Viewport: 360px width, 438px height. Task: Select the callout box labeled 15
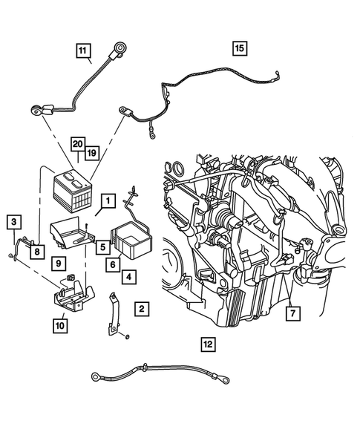tap(239, 48)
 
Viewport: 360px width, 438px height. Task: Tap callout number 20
tap(77, 143)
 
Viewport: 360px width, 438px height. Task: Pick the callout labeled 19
tap(92, 152)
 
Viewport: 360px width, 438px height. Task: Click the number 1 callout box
tap(108, 200)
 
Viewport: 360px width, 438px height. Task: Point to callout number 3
tap(13, 221)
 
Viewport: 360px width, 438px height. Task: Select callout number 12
tap(208, 343)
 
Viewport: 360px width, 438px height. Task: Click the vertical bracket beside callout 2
tap(114, 313)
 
